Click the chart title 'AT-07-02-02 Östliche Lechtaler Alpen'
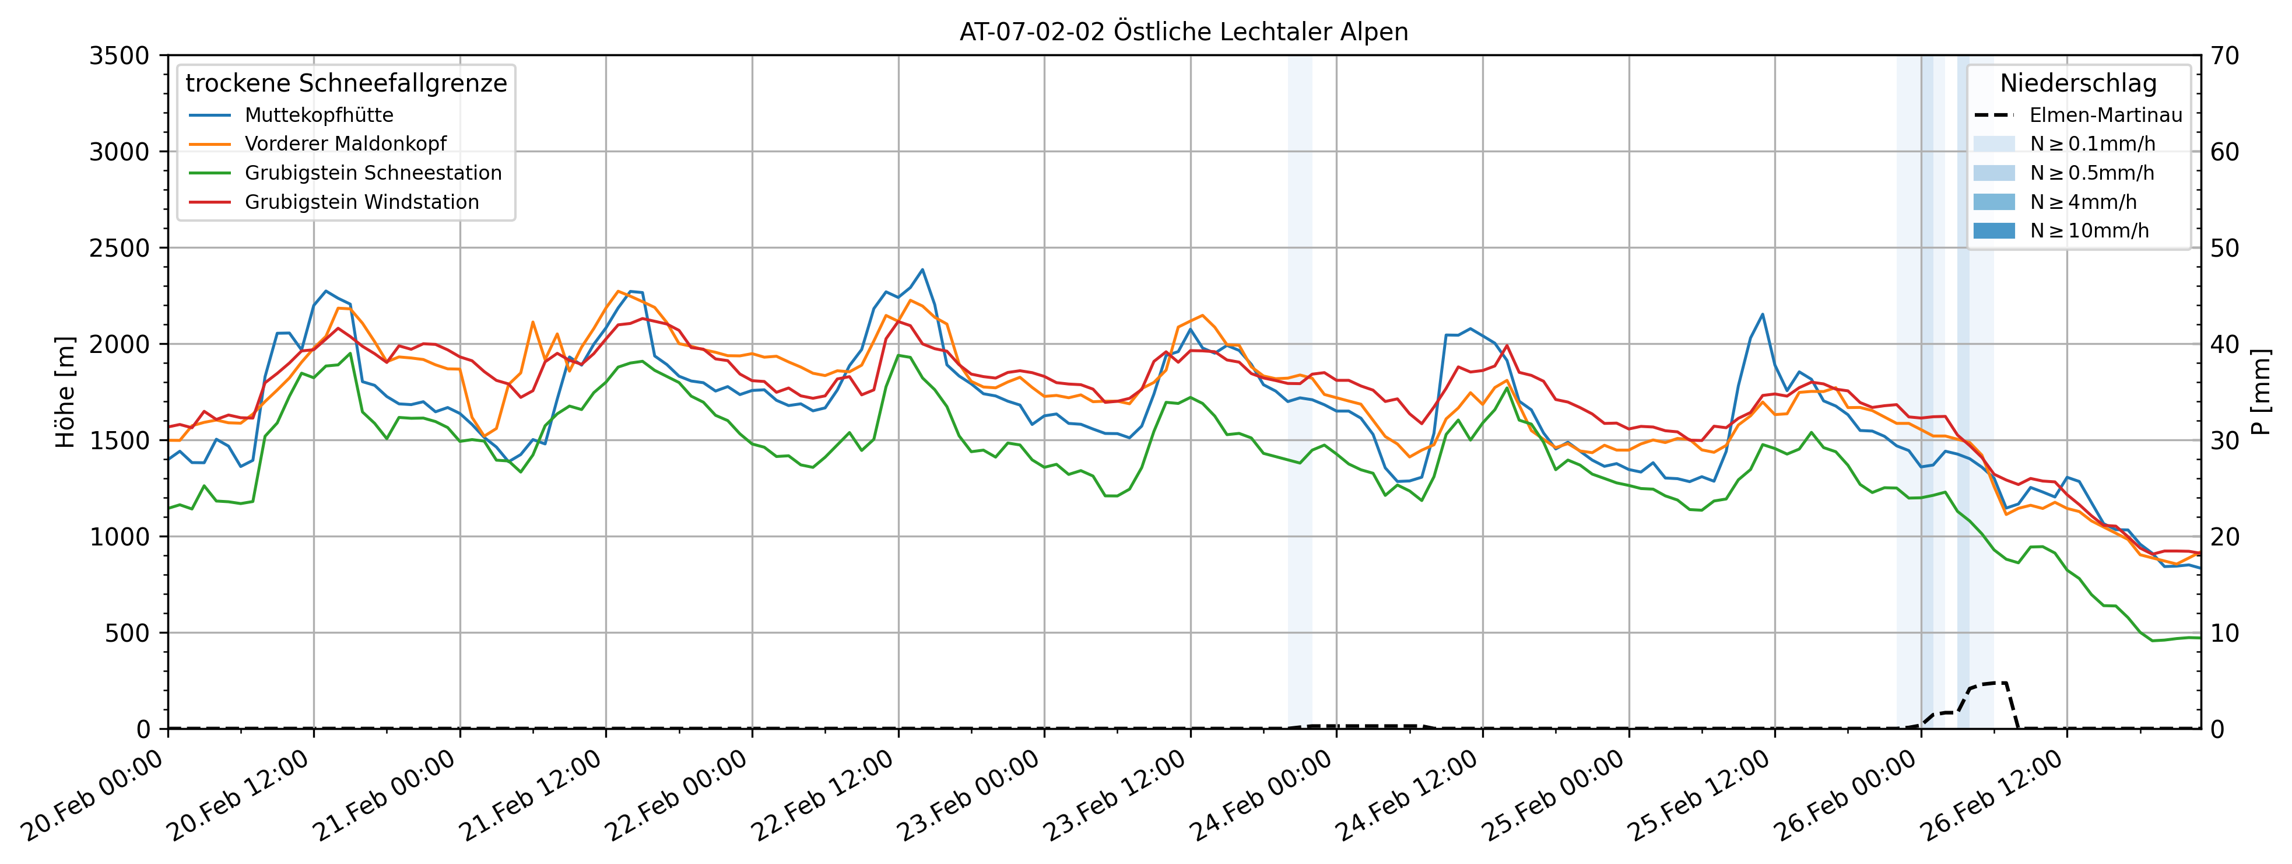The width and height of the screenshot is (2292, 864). point(1184,32)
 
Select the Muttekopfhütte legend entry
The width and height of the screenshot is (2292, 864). point(318,115)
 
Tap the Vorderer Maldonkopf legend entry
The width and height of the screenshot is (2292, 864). point(345,144)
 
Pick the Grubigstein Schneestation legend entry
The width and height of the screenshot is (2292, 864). point(373,173)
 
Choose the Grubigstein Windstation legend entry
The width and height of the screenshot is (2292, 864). point(361,202)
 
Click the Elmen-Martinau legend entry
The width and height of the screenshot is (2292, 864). point(2105,115)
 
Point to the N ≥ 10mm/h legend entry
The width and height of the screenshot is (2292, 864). point(2089,230)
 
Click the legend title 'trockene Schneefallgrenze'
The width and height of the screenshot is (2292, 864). point(346,83)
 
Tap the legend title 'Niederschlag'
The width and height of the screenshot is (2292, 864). point(2079,83)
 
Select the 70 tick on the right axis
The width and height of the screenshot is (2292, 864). point(2224,56)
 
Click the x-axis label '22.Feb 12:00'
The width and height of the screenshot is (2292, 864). point(823,796)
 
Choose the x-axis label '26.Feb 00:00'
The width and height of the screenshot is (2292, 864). point(1845,796)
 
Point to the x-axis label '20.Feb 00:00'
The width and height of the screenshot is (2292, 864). point(93,796)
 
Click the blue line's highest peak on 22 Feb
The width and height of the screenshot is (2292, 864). point(922,270)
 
